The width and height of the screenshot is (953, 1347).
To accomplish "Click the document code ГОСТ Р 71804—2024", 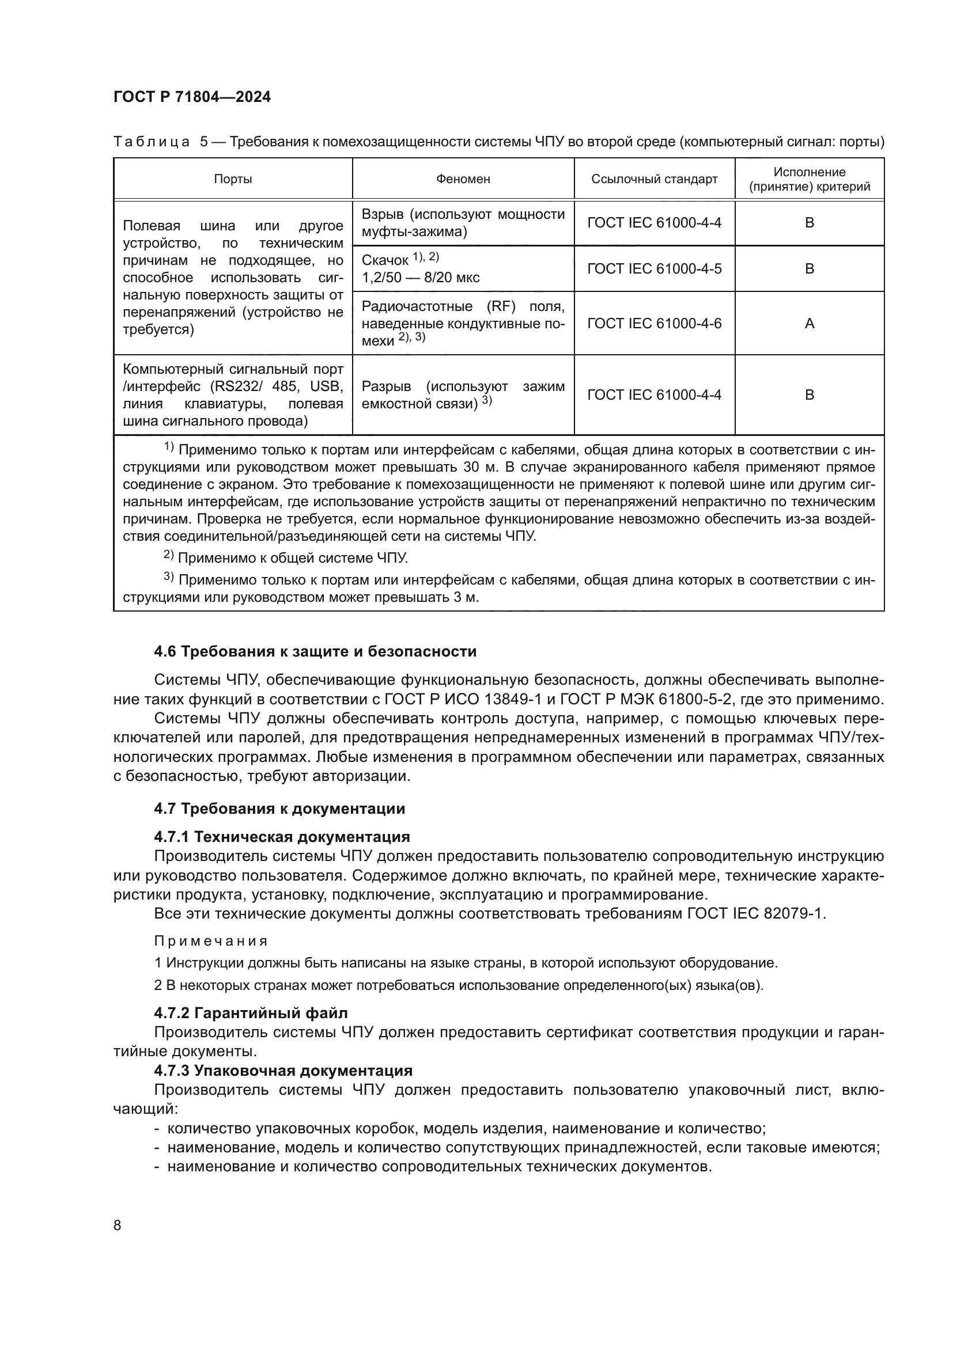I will click(x=192, y=97).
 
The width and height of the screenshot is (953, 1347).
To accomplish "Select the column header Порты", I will click(x=232, y=179).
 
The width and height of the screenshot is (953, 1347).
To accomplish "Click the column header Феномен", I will click(x=463, y=179).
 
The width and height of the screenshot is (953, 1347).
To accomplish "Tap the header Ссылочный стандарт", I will click(x=654, y=179).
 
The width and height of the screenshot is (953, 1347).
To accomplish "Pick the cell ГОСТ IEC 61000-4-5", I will click(x=654, y=269).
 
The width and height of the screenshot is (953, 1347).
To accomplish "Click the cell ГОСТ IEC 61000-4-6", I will click(x=654, y=323).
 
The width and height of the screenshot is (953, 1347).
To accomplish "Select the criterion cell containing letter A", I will click(x=808, y=323).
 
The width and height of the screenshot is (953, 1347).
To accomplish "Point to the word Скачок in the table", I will click(x=384, y=260).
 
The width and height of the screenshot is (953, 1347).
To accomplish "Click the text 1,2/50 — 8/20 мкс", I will click(x=420, y=278).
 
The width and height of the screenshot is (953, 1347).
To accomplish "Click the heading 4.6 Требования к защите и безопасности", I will click(x=315, y=651).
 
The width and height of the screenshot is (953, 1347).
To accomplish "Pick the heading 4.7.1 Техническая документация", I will click(x=282, y=836).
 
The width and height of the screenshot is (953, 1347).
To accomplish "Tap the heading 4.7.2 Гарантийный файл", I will click(x=251, y=1012).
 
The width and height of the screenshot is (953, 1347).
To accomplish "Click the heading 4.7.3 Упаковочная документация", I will click(x=283, y=1070).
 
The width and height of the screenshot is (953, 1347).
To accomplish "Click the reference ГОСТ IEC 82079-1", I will click(x=755, y=913).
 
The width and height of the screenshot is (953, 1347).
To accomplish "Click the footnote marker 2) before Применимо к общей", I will click(x=168, y=555).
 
